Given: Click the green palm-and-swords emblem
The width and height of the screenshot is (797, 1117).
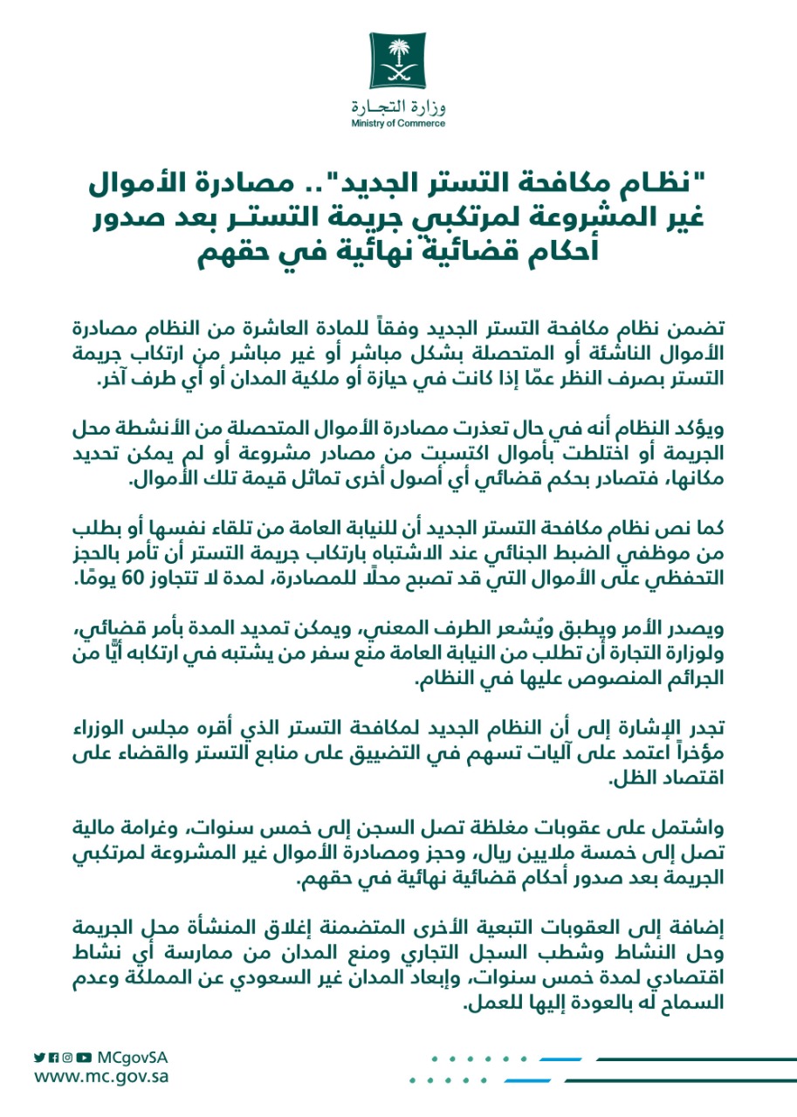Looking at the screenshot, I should [397, 61].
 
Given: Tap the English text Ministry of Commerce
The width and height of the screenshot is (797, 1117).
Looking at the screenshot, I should [398, 124].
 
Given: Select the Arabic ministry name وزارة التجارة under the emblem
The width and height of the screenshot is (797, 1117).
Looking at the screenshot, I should [398, 107].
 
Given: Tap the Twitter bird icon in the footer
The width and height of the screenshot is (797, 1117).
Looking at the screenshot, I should [39, 1057].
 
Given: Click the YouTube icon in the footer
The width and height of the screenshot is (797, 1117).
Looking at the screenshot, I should [83, 1057].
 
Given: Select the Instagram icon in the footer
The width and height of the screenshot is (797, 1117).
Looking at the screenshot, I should [67, 1057].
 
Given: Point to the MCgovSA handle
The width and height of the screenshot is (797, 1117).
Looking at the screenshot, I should [133, 1057].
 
